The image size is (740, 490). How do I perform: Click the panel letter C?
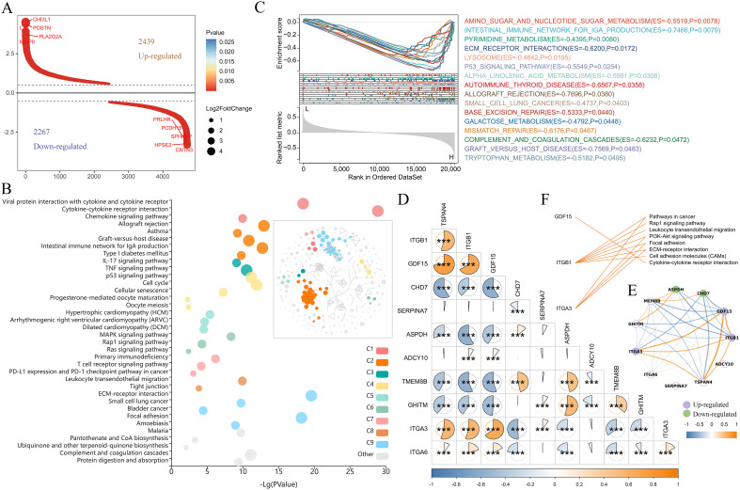click(257, 8)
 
